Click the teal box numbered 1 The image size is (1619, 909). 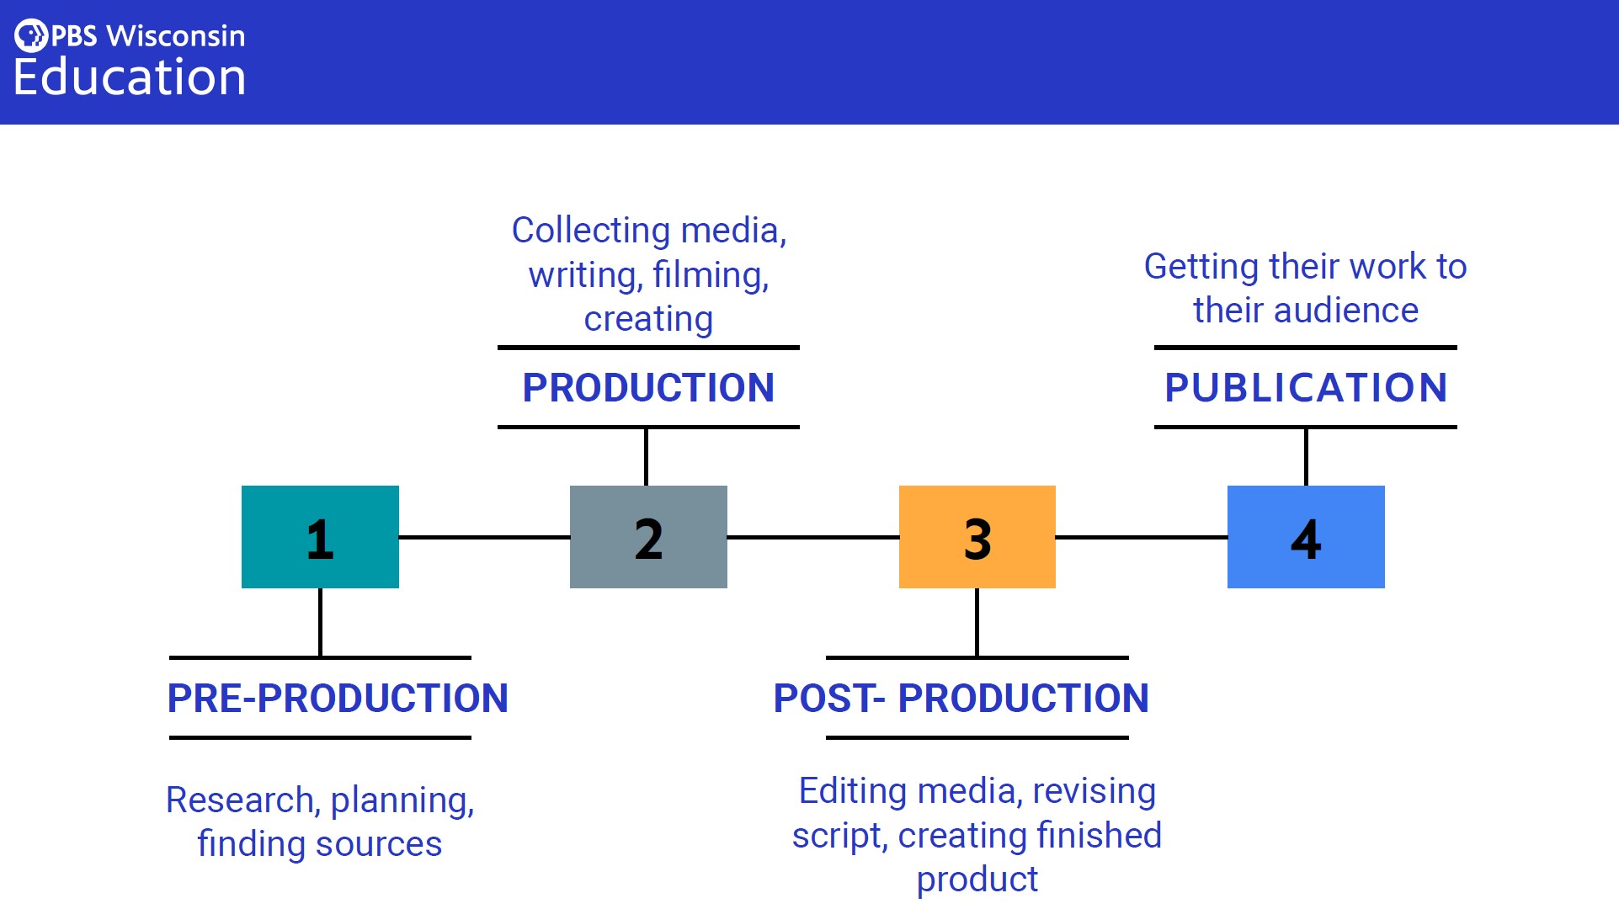coord(320,537)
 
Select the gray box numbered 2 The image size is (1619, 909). coord(648,537)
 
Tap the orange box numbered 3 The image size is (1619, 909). coord(977,537)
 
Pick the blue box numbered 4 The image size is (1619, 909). coord(1306,537)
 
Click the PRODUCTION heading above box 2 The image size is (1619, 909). coord(648,388)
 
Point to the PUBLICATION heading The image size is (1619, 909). coord(1306,388)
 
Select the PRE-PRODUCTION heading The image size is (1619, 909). coord(338,699)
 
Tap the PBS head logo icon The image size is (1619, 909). coord(31,35)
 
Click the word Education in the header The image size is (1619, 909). coord(130,77)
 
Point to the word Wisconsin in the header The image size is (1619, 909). coord(176,36)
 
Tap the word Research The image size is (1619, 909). coord(240,800)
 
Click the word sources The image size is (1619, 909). coord(378,844)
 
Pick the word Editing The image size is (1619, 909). coord(853,791)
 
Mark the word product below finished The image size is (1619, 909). coord(977,880)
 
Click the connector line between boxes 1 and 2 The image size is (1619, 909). coord(484,537)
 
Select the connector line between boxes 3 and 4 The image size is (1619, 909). coord(1141,537)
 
